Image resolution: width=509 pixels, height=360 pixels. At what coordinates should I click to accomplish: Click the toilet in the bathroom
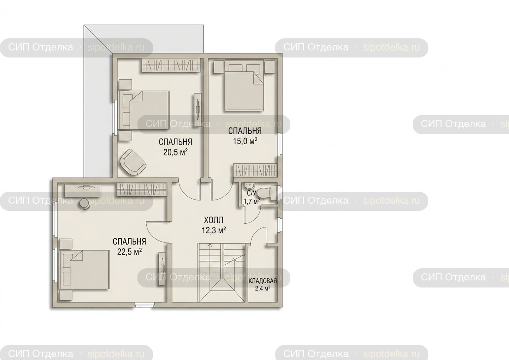(x=268, y=194)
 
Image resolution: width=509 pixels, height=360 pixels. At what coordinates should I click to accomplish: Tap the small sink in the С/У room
(x=249, y=186)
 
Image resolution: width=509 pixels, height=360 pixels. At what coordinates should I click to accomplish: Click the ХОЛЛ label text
(x=214, y=220)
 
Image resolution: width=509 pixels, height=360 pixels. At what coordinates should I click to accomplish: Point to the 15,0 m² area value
(x=245, y=141)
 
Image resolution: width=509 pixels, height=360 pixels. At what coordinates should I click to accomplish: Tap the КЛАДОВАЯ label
(x=263, y=281)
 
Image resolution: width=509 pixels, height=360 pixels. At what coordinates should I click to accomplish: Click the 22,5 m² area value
(x=130, y=252)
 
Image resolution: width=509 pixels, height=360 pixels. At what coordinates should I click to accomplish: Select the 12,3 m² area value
(x=214, y=231)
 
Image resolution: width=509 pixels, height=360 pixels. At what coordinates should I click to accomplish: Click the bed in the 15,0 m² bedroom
(x=244, y=86)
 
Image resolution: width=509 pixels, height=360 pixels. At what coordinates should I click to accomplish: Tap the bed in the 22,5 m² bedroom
(x=84, y=270)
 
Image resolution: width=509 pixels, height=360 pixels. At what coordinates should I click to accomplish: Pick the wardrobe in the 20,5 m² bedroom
(x=171, y=65)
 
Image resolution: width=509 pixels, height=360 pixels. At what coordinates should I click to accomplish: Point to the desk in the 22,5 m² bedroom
(x=83, y=190)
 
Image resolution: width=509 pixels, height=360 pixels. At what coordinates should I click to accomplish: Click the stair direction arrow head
(x=210, y=245)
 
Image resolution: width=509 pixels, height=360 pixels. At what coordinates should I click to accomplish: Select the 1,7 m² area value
(x=252, y=201)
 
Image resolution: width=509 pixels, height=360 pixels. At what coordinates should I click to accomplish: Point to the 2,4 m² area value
(x=263, y=289)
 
